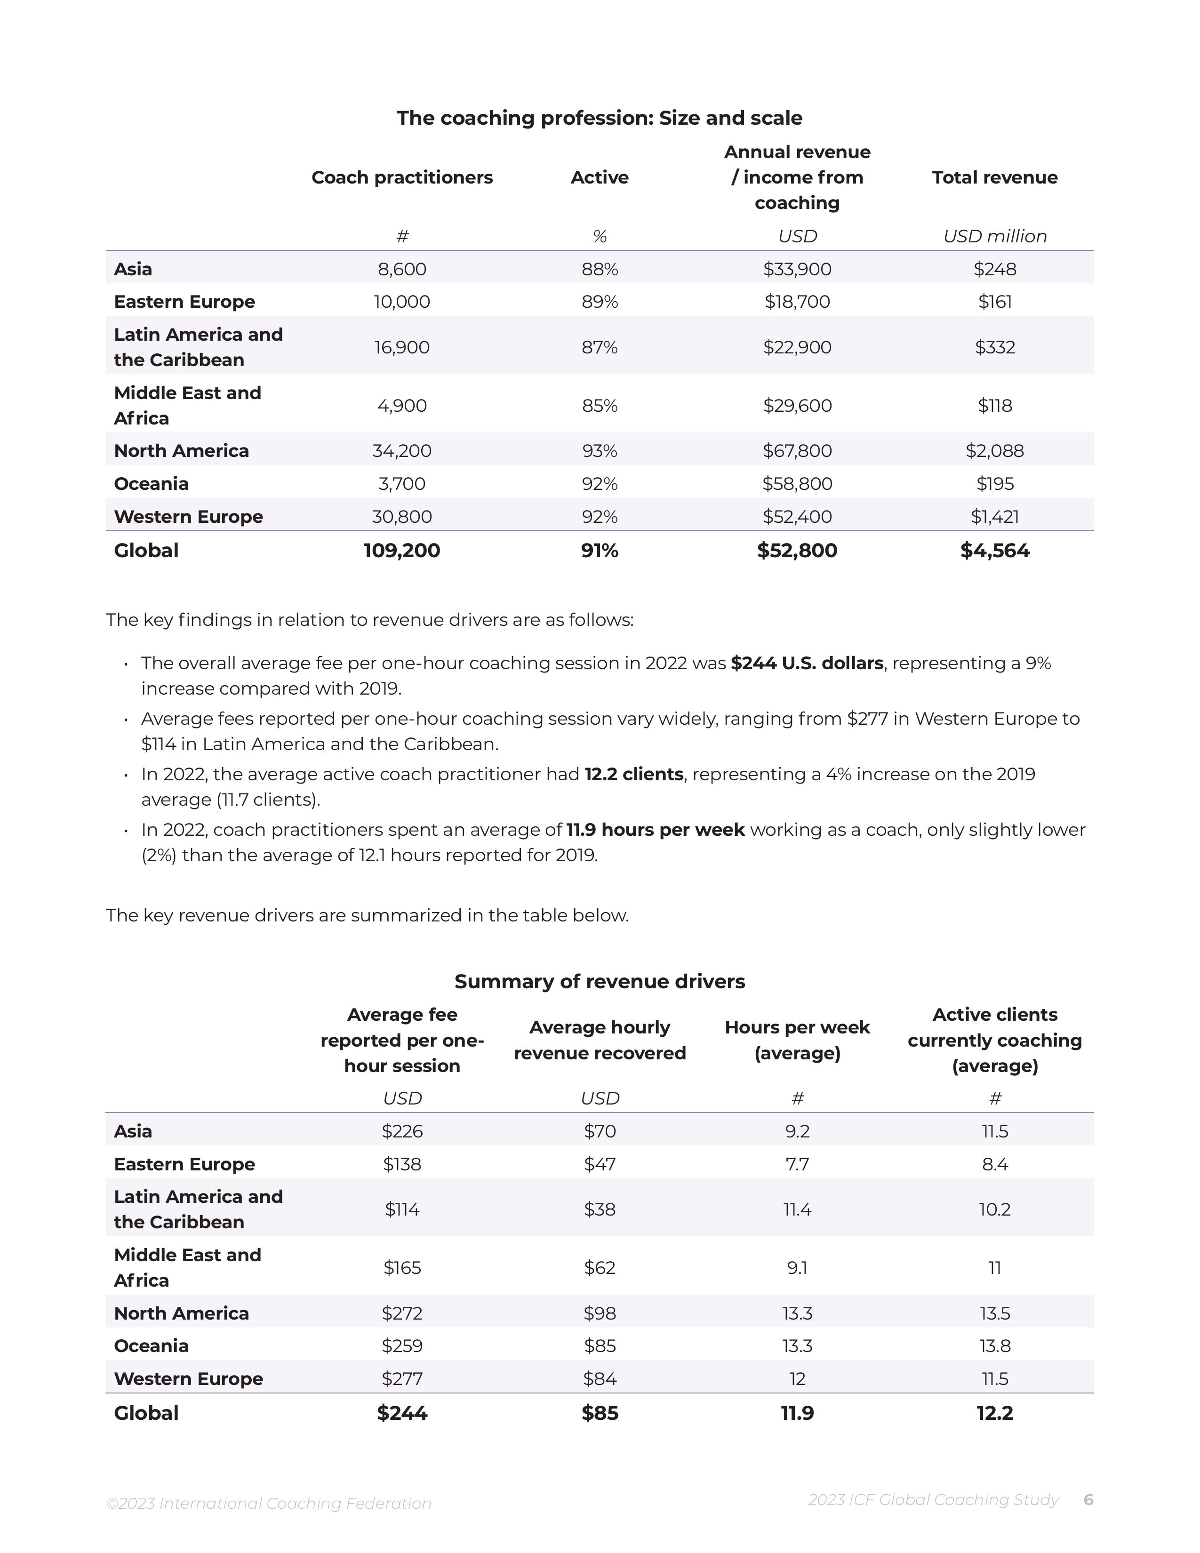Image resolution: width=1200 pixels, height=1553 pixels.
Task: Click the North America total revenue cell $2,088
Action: pyautogui.click(x=994, y=451)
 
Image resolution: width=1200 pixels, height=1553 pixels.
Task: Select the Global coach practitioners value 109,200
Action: pyautogui.click(x=402, y=551)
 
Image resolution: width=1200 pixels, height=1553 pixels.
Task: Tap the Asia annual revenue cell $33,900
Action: pyautogui.click(x=797, y=269)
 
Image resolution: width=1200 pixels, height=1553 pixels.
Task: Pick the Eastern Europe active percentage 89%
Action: pyautogui.click(x=599, y=302)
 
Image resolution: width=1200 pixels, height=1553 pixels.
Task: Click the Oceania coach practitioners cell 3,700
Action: pyautogui.click(x=402, y=483)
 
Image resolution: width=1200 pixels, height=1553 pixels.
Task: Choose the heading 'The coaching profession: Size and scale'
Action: pyautogui.click(x=599, y=118)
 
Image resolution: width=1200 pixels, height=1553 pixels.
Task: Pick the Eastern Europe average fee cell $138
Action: pyautogui.click(x=402, y=1164)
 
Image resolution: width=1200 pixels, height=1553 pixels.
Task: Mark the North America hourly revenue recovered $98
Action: pyautogui.click(x=599, y=1313)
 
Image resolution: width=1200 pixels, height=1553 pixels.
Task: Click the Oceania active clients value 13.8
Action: pyautogui.click(x=994, y=1346)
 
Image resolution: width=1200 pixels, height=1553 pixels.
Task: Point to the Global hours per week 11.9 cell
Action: pyautogui.click(x=797, y=1413)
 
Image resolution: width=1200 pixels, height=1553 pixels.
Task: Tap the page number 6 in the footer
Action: pyautogui.click(x=1088, y=1500)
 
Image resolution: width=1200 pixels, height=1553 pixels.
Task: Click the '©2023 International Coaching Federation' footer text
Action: pyautogui.click(x=269, y=1503)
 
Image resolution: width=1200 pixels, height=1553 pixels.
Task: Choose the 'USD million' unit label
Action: pyautogui.click(x=994, y=236)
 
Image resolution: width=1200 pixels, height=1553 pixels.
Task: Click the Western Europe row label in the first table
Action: pyautogui.click(x=188, y=516)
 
